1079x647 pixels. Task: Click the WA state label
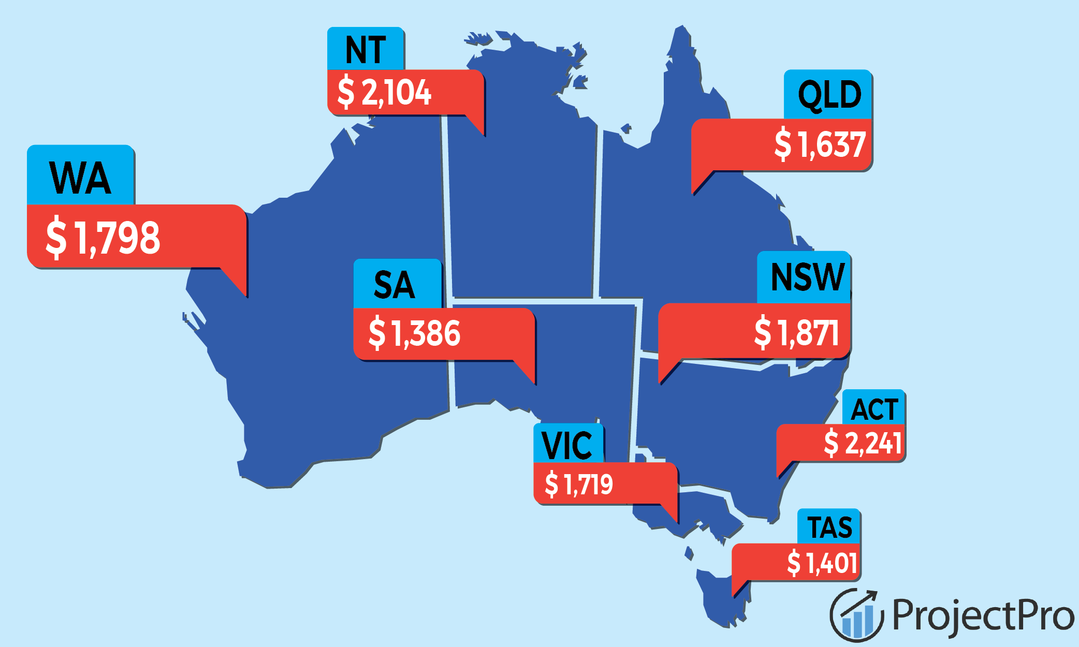click(80, 178)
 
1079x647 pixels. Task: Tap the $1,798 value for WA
click(103, 238)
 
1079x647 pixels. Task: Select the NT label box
click(366, 50)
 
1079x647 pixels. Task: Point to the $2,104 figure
click(384, 93)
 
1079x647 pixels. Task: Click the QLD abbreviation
click(829, 95)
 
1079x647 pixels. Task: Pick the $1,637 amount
click(820, 144)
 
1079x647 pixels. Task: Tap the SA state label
click(395, 285)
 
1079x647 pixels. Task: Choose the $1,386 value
click(414, 333)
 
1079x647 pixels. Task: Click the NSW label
click(807, 277)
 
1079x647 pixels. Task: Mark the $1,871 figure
click(796, 332)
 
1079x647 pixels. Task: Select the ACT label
click(874, 409)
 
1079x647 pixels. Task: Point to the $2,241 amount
click(863, 443)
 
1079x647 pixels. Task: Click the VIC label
click(567, 445)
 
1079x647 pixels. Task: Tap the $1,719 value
click(579, 484)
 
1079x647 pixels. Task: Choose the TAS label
click(829, 527)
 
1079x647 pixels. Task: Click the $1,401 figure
click(822, 563)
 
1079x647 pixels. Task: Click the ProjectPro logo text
click(983, 615)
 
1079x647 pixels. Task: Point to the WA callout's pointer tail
click(236, 282)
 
